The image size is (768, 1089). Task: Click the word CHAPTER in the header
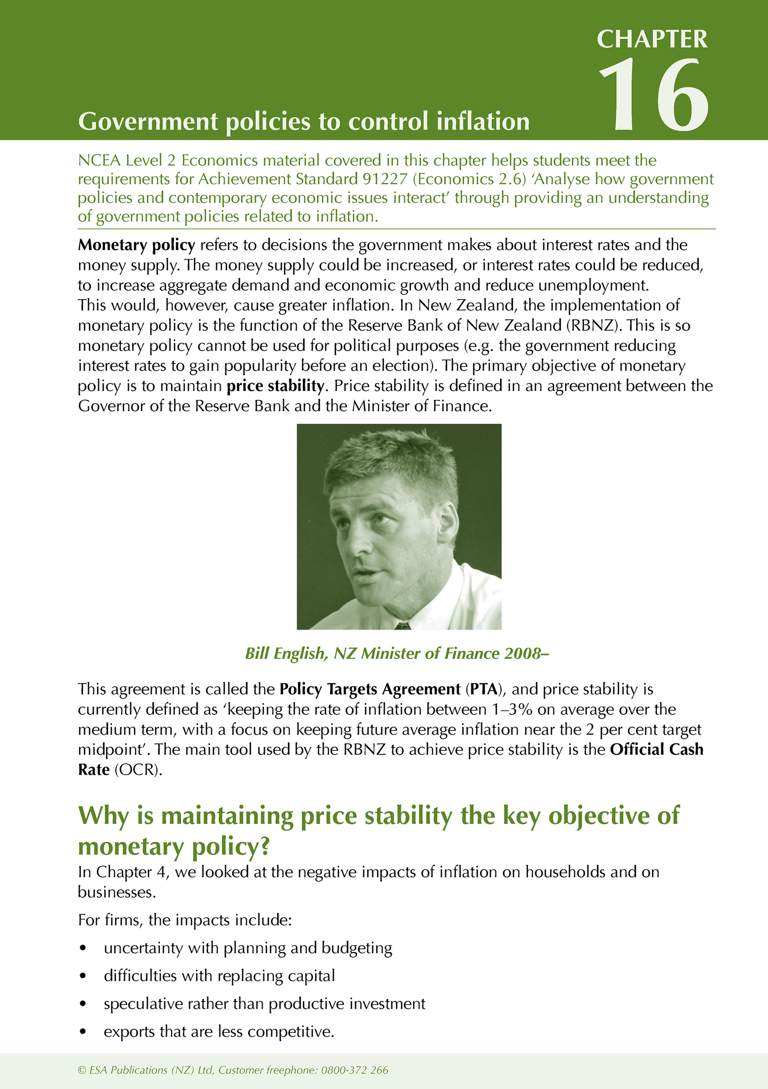652,39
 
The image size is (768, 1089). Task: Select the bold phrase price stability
275,386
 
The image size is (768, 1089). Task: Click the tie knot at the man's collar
402,625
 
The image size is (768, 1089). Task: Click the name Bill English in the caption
284,653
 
